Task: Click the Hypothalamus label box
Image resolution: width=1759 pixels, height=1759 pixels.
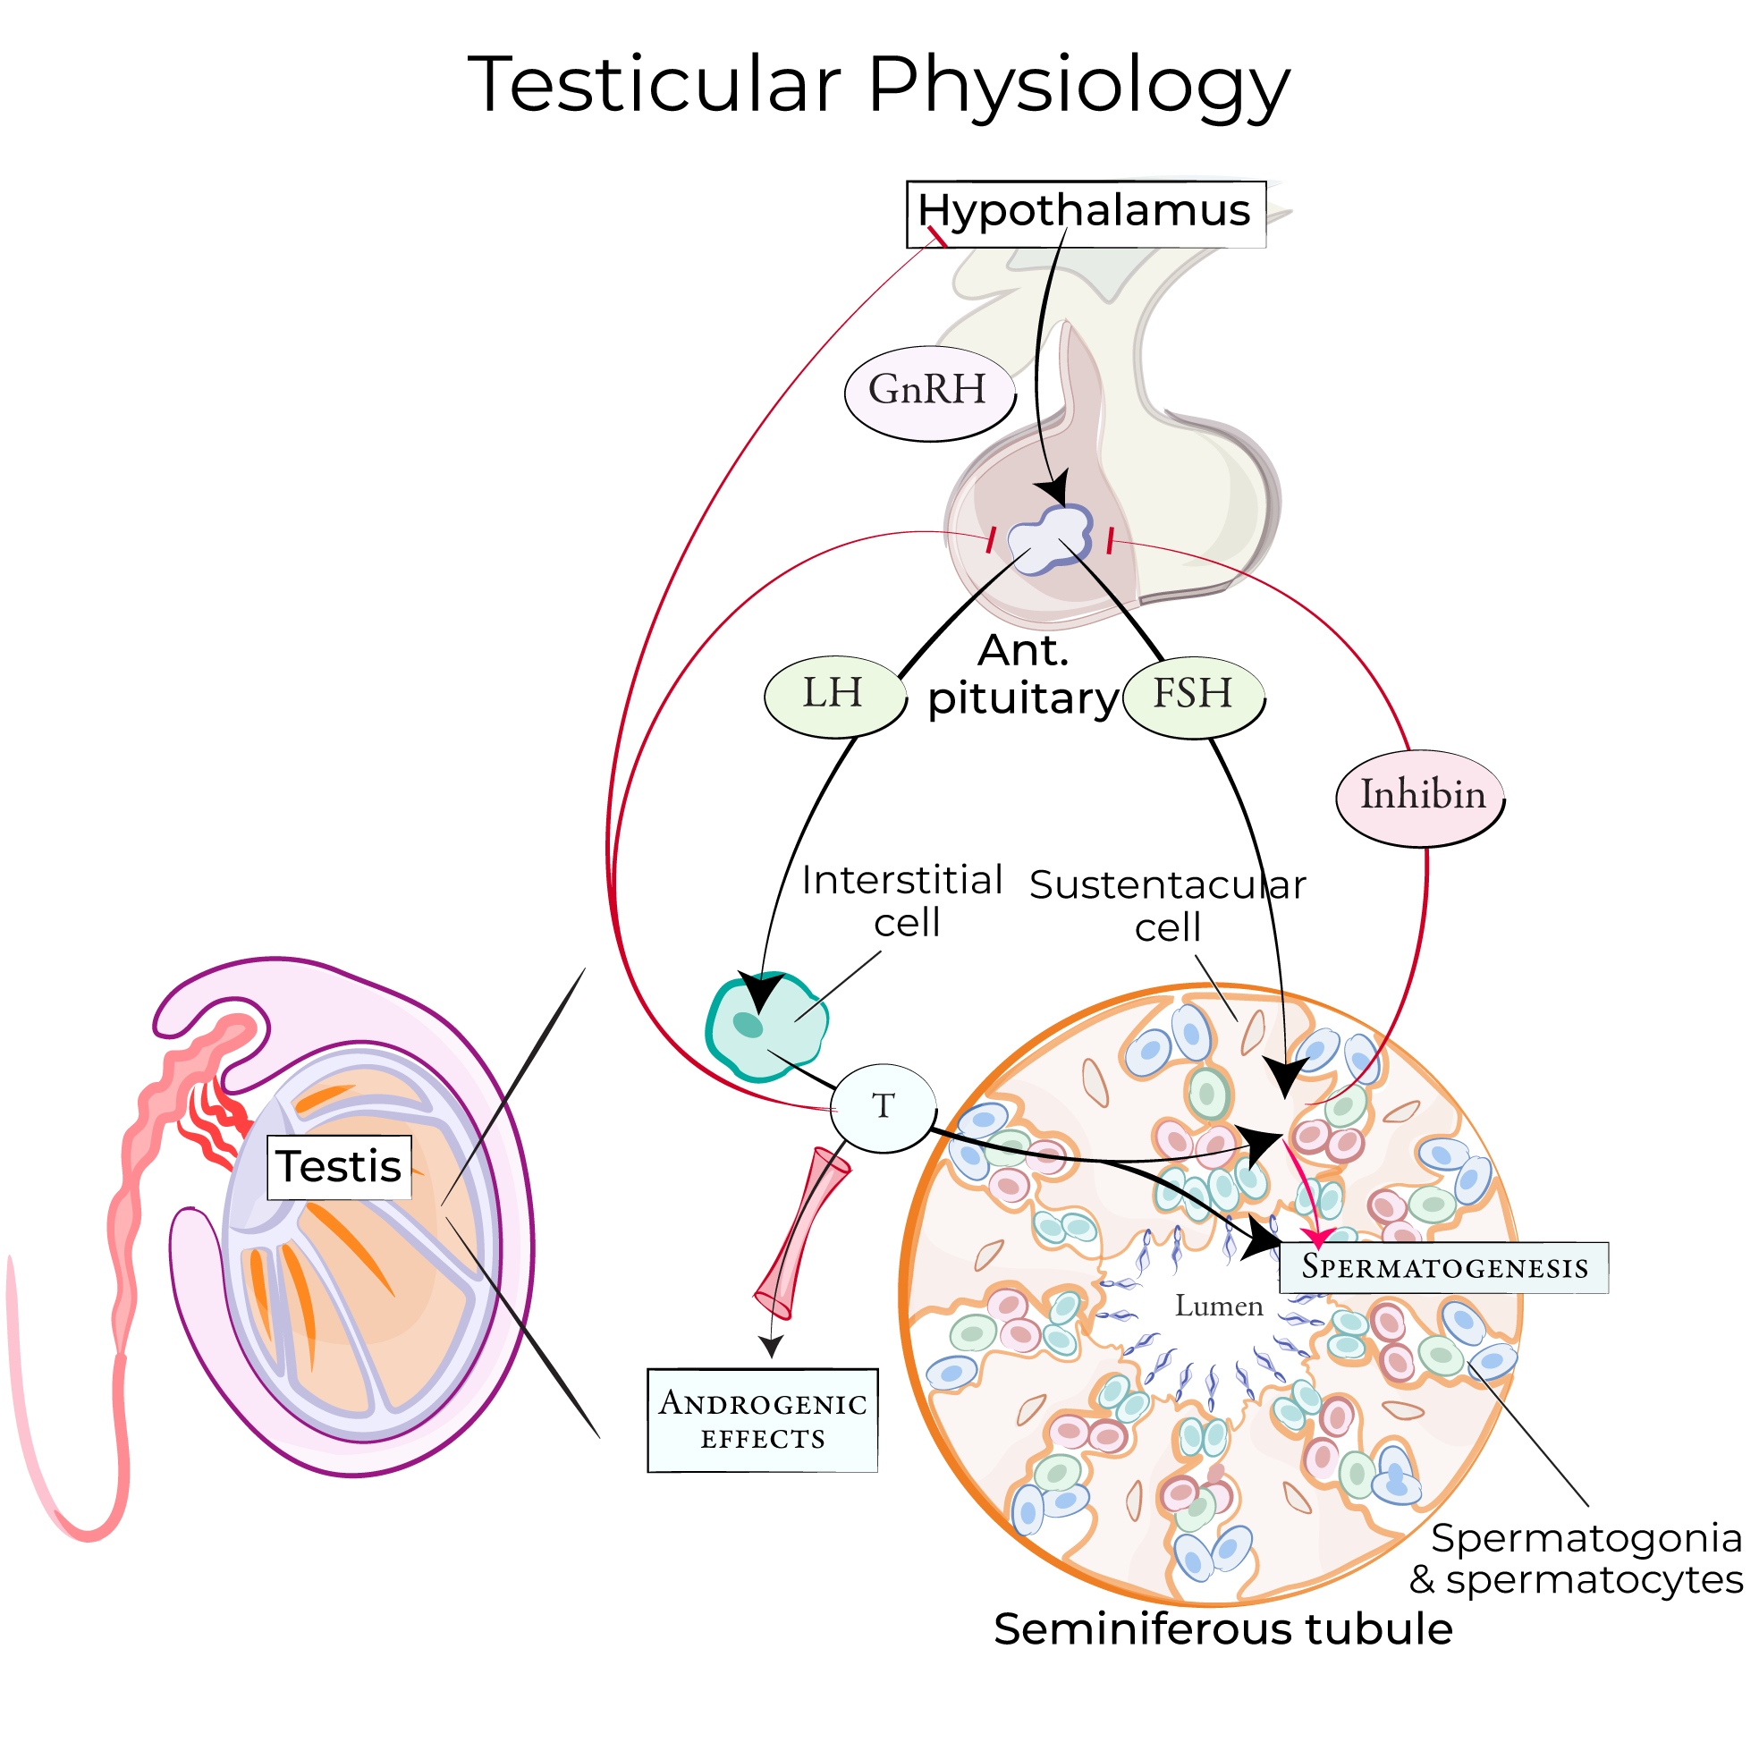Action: [1086, 214]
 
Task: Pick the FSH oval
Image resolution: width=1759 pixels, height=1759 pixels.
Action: [1193, 697]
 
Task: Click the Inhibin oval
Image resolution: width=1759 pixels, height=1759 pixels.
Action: [1420, 798]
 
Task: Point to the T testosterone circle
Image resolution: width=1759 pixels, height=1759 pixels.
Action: [883, 1108]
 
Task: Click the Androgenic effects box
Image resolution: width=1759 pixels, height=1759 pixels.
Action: [762, 1420]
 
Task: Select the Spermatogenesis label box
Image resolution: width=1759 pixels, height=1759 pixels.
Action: [1443, 1267]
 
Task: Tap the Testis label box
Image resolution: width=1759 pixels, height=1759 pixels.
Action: [339, 1167]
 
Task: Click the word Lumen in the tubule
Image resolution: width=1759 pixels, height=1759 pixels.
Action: [1218, 1307]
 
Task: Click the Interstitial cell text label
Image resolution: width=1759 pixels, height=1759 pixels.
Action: [901, 901]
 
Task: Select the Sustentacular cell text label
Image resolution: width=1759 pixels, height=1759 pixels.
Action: [1167, 906]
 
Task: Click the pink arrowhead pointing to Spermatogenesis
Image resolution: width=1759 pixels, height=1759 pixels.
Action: [1317, 1239]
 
